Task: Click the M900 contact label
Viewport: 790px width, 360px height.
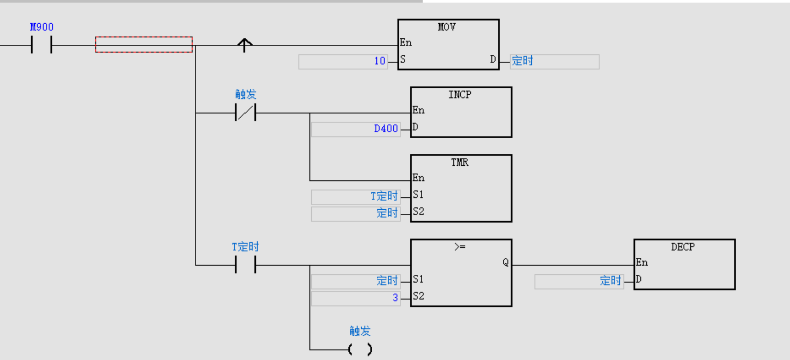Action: coord(42,27)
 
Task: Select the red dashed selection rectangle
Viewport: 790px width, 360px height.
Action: coord(144,45)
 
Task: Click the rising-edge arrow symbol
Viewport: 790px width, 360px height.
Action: coord(245,45)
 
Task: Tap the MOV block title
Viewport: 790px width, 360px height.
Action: coord(447,27)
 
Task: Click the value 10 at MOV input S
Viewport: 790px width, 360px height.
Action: coord(380,61)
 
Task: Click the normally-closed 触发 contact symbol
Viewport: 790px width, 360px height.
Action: coord(245,112)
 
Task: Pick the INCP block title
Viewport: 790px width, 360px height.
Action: coord(460,95)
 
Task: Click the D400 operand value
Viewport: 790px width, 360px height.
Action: coord(386,129)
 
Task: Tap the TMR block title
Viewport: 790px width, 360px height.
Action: coord(460,162)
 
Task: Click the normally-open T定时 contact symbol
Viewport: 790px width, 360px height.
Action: coord(245,265)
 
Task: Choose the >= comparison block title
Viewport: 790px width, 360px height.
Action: coord(460,247)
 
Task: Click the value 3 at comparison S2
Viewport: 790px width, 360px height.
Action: coord(395,298)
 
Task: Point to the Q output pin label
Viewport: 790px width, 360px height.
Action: coord(505,262)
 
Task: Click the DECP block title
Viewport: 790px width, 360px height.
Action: coord(683,247)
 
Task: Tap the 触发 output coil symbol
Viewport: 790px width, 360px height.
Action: coord(360,349)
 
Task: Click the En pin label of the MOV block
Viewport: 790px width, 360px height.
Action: coord(406,42)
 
